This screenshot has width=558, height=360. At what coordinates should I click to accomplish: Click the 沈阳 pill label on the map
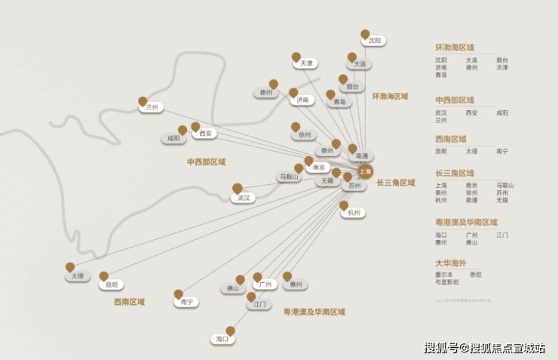click(374, 41)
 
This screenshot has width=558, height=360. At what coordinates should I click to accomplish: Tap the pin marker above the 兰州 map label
click(143, 100)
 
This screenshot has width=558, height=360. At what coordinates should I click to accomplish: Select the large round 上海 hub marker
click(366, 171)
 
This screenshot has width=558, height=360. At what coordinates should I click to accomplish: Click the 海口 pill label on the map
click(222, 340)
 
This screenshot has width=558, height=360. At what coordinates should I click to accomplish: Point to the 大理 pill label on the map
click(77, 276)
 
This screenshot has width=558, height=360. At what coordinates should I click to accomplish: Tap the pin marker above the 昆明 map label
click(104, 276)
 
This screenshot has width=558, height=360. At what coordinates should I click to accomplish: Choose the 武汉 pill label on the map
click(243, 198)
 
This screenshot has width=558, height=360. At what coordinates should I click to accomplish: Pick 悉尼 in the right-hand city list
click(475, 275)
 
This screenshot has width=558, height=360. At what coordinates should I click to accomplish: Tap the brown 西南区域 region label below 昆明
click(129, 302)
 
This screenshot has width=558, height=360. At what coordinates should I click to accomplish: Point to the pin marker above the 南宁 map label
click(179, 294)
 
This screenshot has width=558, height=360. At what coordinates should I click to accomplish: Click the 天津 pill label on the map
click(305, 63)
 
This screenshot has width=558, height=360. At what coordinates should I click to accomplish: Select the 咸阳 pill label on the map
click(173, 139)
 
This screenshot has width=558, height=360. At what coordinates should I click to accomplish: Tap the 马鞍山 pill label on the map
click(289, 177)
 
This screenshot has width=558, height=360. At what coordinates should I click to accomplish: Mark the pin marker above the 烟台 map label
click(343, 78)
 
